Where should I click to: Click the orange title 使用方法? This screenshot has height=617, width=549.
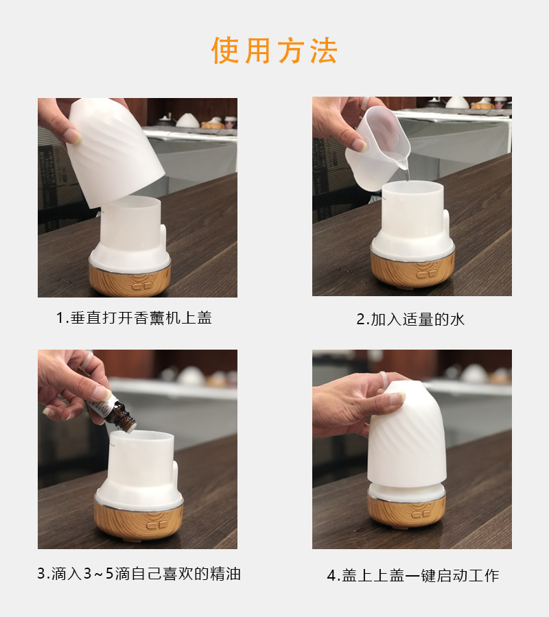pos(274,50)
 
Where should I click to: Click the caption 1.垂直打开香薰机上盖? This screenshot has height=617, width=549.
pos(134,317)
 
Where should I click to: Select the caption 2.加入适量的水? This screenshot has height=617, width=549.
pos(410,319)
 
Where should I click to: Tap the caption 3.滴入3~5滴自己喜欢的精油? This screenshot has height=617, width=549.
pos(139,573)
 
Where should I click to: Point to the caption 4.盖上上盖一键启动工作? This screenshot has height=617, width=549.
pos(412,575)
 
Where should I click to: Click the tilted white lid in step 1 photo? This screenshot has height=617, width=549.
pos(114,152)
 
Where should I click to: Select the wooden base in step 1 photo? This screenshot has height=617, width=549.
pos(130,280)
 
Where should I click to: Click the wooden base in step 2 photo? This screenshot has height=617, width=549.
pos(412,269)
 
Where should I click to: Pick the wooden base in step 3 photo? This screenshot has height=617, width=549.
pos(139,520)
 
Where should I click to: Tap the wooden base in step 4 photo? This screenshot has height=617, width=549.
pos(406,511)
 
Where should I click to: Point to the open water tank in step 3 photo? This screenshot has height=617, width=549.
pos(141,459)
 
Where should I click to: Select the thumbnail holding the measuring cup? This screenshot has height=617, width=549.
pos(359,145)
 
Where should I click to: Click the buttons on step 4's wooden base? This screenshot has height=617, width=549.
pos(421,515)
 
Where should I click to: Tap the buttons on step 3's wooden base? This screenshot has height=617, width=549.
pos(156,525)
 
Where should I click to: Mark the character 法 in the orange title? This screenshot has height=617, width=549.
pos(323,50)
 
